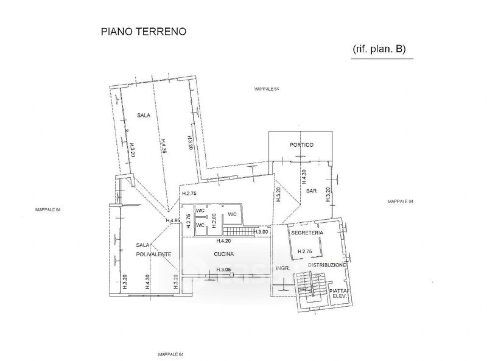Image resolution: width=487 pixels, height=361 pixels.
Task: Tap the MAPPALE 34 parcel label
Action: coord(401,202)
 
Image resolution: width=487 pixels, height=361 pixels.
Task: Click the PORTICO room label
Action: coord(301,145)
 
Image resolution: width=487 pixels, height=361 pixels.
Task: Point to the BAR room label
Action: coord(311,191)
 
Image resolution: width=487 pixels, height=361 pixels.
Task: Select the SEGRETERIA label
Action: coord(307,233)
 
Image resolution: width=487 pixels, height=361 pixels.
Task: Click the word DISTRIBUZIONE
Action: coord(327,265)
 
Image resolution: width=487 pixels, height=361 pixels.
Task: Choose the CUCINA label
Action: coord(224,254)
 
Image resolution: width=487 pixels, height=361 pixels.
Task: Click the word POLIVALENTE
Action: coord(153,254)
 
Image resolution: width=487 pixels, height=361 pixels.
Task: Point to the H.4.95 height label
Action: coord(173,220)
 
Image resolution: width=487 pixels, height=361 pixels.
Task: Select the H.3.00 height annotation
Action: coord(261,232)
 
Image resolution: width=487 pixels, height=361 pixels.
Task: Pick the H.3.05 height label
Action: coord(226,271)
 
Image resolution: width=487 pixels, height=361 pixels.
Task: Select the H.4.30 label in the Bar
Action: coord(303,177)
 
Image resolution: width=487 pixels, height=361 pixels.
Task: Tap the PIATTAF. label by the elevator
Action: coord(338,291)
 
